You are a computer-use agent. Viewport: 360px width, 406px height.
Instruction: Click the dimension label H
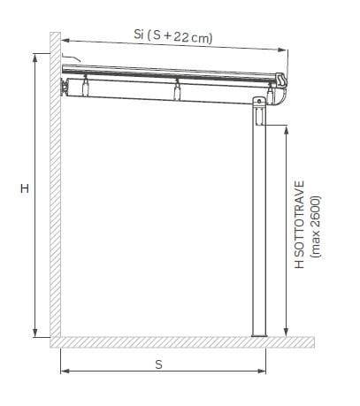[x=25, y=188]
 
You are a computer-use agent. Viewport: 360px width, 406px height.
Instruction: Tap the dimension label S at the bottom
[x=158, y=364]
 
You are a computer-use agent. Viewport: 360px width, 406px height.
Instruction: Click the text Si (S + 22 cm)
[x=173, y=36]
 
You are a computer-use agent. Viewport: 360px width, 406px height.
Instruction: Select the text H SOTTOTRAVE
[x=300, y=225]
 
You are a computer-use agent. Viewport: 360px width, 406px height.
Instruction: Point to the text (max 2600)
[x=316, y=227]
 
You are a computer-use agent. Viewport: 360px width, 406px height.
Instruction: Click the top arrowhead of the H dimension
[x=35, y=58]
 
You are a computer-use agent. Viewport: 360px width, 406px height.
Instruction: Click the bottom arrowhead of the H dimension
[x=35, y=333]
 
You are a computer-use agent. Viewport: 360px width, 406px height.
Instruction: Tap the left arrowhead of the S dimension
[x=65, y=371]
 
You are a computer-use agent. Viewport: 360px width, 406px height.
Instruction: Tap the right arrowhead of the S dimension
[x=262, y=371]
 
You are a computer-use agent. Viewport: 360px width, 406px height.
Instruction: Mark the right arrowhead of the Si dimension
[x=282, y=50]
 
